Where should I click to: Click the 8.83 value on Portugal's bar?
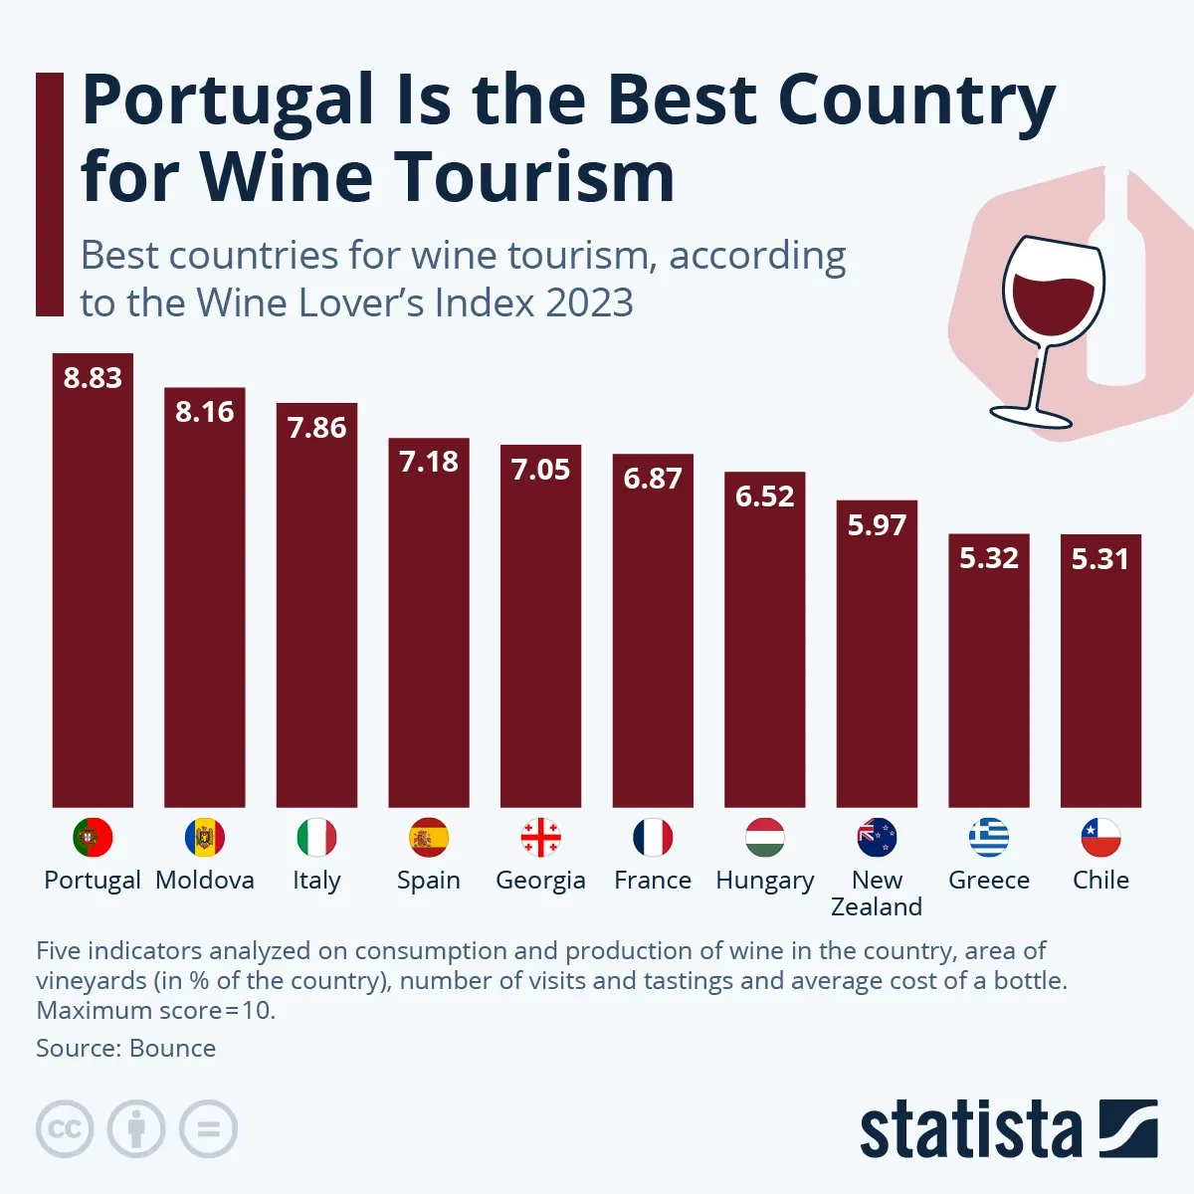(x=93, y=378)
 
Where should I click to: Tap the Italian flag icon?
(x=316, y=838)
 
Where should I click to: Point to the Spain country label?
(x=428, y=881)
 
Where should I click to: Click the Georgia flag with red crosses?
(x=540, y=838)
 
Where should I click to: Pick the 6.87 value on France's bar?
(x=653, y=479)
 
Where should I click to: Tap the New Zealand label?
(x=877, y=894)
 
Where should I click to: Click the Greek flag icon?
(x=989, y=838)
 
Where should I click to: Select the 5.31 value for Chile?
(x=1100, y=559)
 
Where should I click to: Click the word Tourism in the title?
(x=537, y=177)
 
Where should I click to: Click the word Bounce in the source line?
(x=172, y=1049)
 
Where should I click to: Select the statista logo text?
(x=970, y=1130)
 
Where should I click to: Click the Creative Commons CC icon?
(x=65, y=1129)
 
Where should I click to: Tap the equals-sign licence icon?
(x=208, y=1129)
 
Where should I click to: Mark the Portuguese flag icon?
(x=93, y=838)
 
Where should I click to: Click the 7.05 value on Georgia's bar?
(x=540, y=470)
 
